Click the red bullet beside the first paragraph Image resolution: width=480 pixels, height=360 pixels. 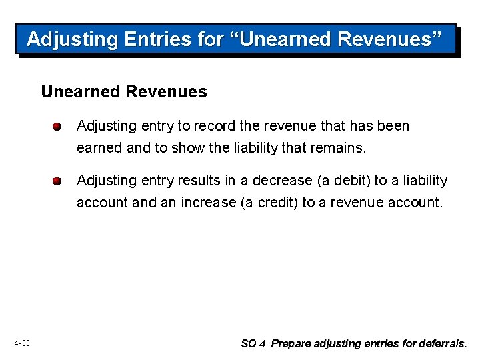(x=58, y=127)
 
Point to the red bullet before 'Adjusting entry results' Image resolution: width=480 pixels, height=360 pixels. (x=58, y=181)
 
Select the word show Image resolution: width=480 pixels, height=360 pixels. (x=189, y=148)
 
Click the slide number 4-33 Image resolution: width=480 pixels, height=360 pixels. (x=22, y=343)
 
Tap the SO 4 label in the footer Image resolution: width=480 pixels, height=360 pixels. (x=253, y=344)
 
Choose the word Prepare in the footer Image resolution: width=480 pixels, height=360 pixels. (x=291, y=344)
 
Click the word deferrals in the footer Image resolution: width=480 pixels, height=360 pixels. (x=443, y=344)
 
